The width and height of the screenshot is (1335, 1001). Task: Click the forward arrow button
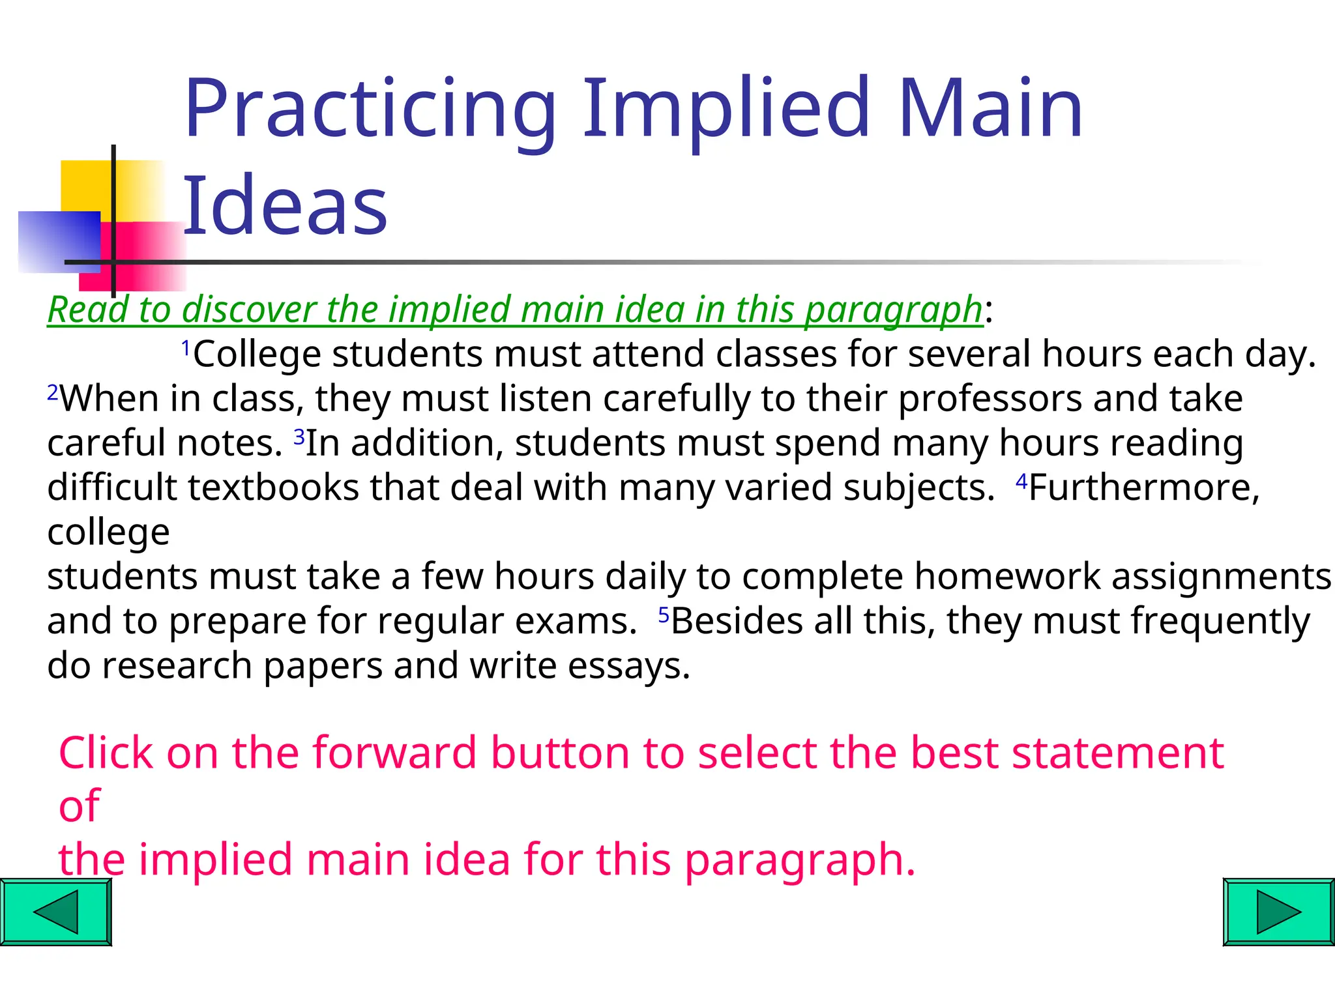click(1278, 912)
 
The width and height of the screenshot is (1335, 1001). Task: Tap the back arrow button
click(56, 912)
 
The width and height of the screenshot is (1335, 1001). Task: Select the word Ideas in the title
click(285, 207)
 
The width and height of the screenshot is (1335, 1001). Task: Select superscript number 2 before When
click(53, 392)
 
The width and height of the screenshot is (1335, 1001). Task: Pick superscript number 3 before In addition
click(299, 437)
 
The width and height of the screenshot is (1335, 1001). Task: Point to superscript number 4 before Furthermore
click(1021, 482)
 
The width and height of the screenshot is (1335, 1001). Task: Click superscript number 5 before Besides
click(664, 615)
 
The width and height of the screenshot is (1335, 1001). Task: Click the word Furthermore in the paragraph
click(1144, 487)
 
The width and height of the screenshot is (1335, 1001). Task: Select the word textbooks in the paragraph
click(274, 487)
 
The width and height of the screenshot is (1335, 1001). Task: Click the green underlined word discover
click(248, 309)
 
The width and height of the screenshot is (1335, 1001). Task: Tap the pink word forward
click(395, 753)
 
